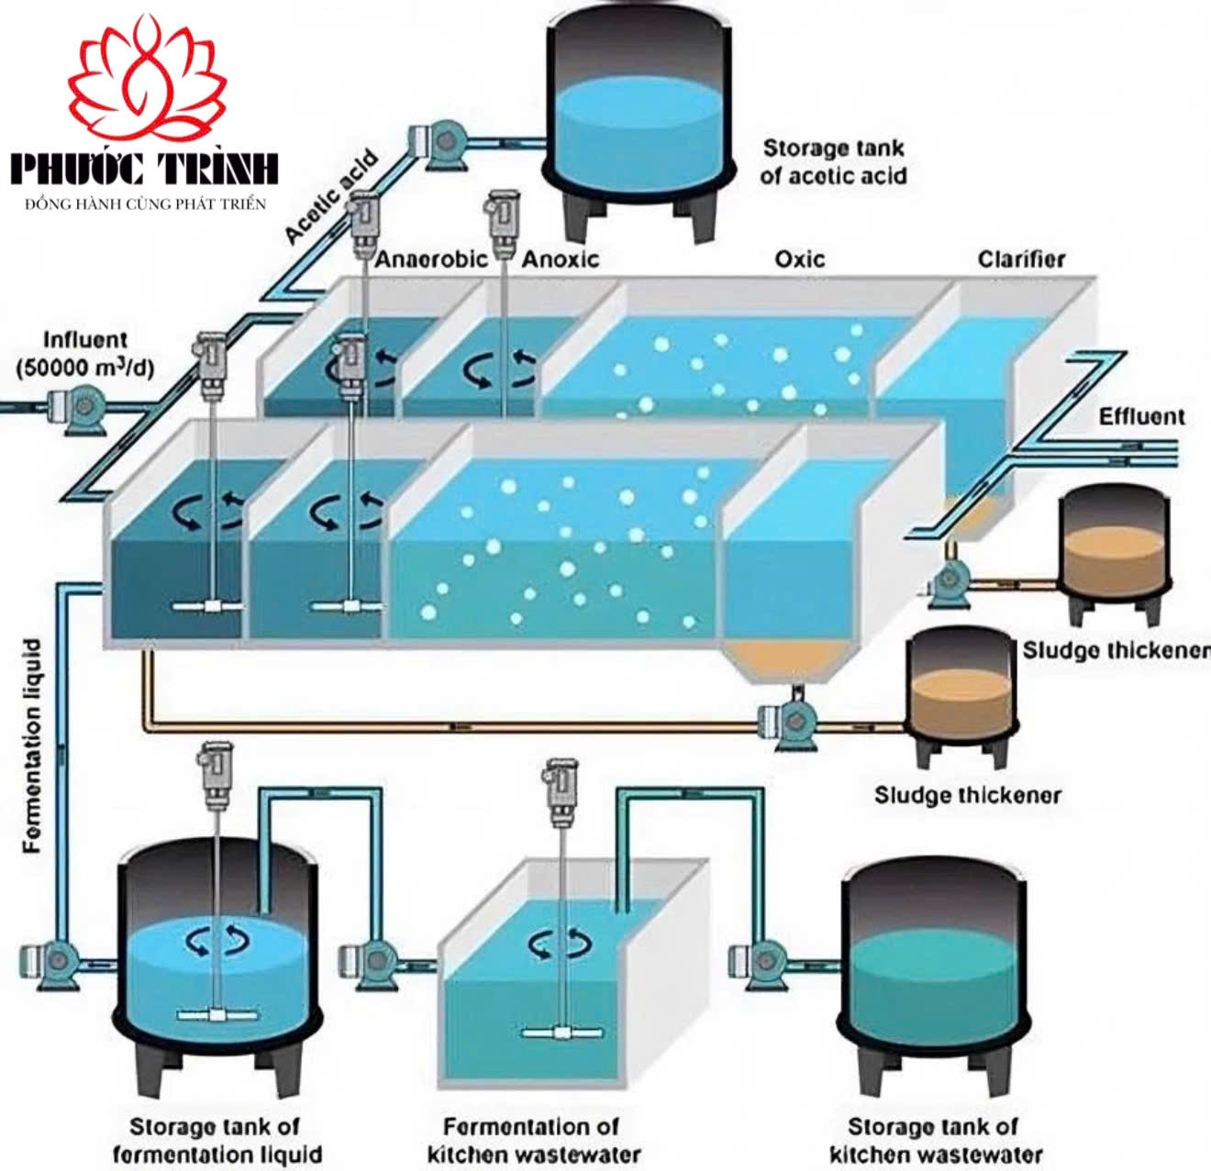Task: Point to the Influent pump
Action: pos(79,406)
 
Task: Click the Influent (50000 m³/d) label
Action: pos(84,354)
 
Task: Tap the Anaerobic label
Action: pos(430,260)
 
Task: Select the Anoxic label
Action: pos(560,260)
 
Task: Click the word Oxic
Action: pos(799,260)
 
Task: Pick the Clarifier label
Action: pos(1021,260)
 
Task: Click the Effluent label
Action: pos(1141,416)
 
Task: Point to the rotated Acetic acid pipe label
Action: pos(330,197)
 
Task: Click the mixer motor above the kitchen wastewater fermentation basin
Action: pos(560,789)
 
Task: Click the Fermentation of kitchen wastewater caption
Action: pos(532,1140)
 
